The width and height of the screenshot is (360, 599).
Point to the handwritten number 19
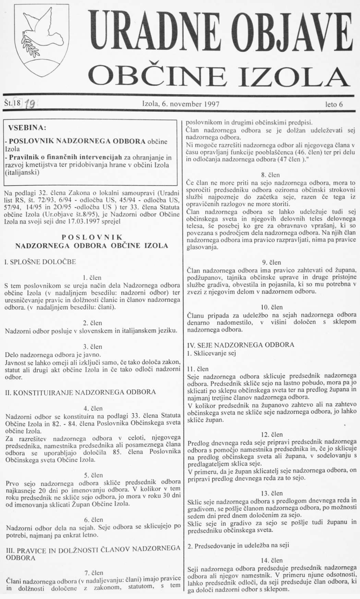30,104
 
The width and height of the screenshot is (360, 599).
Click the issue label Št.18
12,103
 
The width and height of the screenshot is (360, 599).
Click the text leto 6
336,104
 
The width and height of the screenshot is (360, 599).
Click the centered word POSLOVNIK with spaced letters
92,237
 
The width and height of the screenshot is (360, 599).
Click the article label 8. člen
271,174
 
